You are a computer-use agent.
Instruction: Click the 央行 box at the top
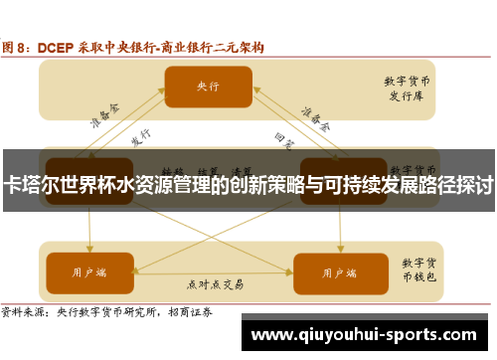pyautogui.click(x=208, y=87)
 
